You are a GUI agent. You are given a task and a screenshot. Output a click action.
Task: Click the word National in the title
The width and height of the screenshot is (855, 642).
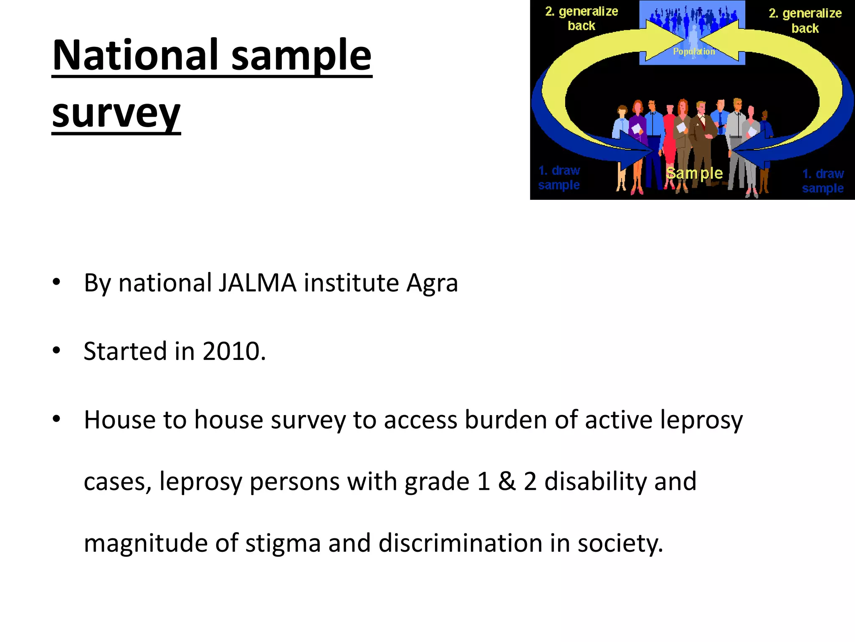(x=135, y=55)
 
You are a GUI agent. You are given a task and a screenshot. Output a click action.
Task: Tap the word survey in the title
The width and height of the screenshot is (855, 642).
(x=116, y=114)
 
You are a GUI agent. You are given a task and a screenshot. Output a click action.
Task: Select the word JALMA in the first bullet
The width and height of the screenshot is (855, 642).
(x=257, y=283)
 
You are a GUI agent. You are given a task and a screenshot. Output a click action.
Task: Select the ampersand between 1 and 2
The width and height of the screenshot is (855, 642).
(x=507, y=481)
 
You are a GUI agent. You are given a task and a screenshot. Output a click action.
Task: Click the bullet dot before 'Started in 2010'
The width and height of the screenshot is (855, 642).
(x=56, y=350)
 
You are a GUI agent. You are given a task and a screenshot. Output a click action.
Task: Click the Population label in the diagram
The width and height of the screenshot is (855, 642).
(x=694, y=51)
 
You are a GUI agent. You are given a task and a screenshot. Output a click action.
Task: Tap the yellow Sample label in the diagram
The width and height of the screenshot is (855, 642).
(x=694, y=173)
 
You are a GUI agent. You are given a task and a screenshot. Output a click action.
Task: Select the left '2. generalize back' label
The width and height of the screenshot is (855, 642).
(x=582, y=18)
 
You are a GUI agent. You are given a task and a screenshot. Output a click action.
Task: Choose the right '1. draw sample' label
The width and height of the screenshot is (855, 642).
(x=823, y=181)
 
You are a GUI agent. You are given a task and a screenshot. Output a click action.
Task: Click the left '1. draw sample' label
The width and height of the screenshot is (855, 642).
(x=559, y=178)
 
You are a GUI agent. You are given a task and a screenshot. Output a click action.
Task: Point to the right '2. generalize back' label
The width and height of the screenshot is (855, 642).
(x=805, y=20)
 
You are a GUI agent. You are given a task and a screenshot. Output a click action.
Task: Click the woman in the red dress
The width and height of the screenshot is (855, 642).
(x=670, y=142)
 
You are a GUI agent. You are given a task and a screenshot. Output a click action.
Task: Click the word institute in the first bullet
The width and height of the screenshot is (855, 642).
(x=352, y=283)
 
